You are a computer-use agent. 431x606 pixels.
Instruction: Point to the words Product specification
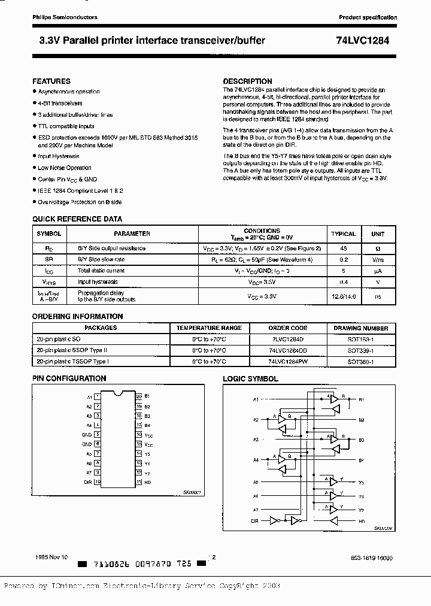click(368, 17)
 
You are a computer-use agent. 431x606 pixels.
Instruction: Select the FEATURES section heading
click(51, 81)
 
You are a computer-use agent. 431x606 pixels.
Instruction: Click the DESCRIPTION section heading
click(247, 81)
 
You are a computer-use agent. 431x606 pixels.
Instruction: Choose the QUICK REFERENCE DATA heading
click(77, 219)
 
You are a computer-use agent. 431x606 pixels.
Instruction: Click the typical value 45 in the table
click(343, 248)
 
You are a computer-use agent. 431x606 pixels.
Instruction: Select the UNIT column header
click(378, 234)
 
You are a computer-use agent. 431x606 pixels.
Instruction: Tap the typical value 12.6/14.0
click(343, 296)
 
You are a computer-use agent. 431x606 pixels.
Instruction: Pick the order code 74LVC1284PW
click(287, 362)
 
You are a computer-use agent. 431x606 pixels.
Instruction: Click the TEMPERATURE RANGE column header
click(208, 328)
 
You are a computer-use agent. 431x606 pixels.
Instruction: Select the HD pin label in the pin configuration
click(147, 481)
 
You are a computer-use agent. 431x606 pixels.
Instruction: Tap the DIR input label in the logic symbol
click(256, 522)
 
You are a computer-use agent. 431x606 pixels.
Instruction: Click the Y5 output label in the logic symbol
click(361, 481)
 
